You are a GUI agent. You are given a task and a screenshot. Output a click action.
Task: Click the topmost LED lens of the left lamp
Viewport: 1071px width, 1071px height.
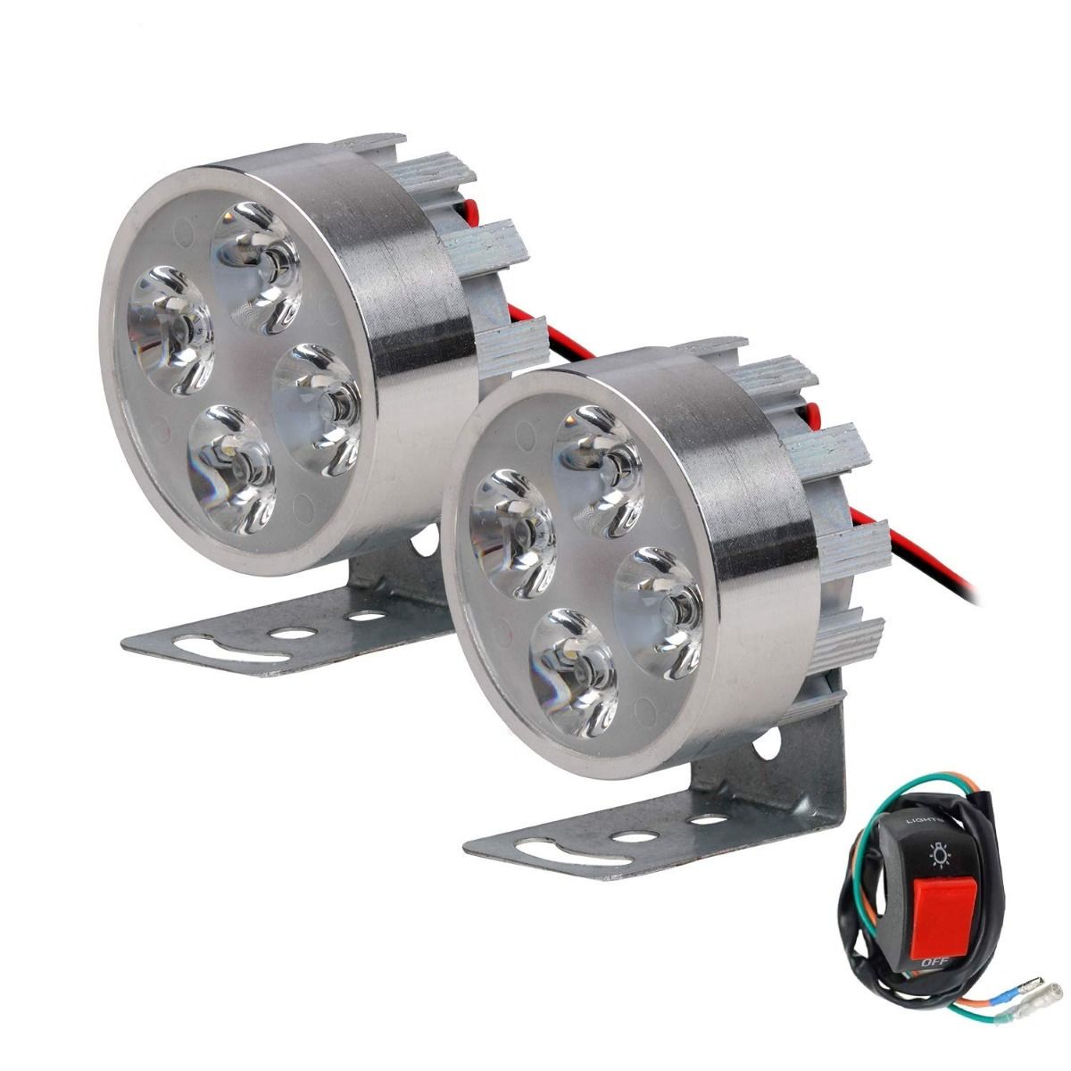pyautogui.click(x=257, y=268)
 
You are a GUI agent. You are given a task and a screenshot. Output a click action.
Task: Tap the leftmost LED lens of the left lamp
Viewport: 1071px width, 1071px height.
pyautogui.click(x=170, y=330)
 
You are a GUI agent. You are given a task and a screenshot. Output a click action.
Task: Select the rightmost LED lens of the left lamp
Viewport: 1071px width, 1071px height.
pyautogui.click(x=317, y=410)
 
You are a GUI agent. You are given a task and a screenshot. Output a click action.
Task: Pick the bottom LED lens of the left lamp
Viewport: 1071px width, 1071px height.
pyautogui.click(x=232, y=469)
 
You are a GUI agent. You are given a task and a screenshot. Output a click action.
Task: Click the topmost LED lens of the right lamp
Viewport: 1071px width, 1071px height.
pyautogui.click(x=599, y=472)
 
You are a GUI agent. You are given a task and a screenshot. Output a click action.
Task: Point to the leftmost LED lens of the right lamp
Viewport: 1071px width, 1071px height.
pyautogui.click(x=512, y=535)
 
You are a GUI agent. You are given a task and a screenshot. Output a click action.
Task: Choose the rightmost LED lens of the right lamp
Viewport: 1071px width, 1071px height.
pyautogui.click(x=660, y=613)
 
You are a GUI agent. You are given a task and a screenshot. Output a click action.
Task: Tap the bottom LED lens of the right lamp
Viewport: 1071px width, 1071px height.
pyautogui.click(x=574, y=674)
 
